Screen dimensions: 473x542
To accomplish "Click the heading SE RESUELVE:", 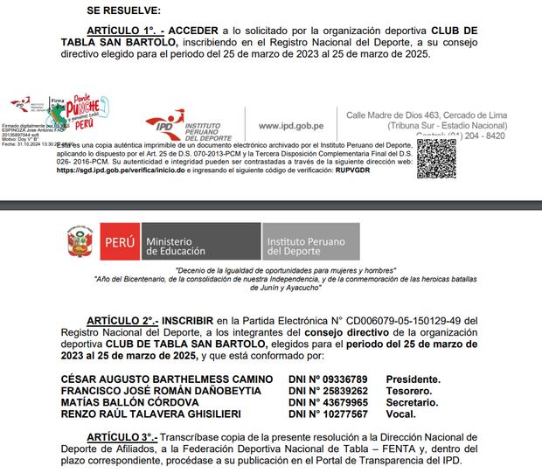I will pos(123,10).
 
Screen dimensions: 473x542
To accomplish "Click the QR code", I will pos(435,159).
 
